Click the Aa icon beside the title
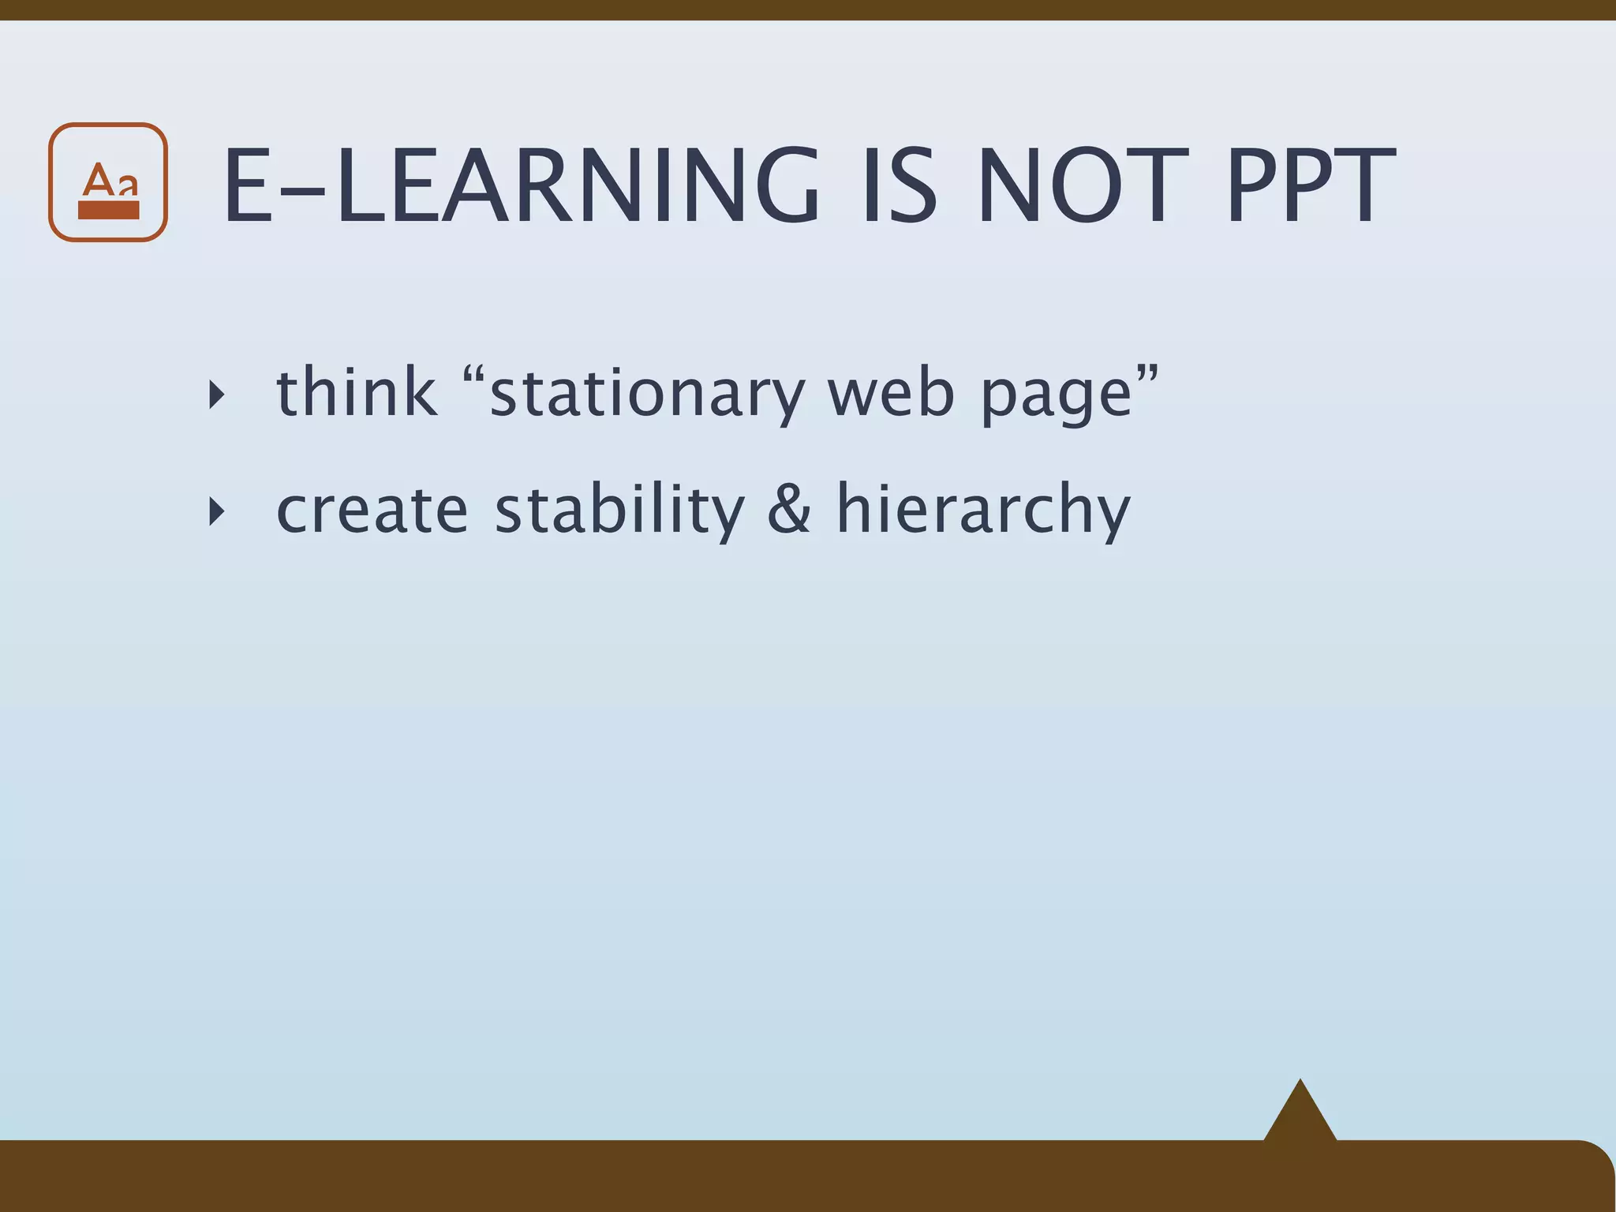[x=108, y=182]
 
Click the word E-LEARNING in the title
[x=521, y=188]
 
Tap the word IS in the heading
[x=900, y=188]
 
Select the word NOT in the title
[x=1082, y=188]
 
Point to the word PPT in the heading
[x=1311, y=188]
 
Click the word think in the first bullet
[x=357, y=392]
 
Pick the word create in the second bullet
[x=372, y=511]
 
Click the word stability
[x=619, y=511]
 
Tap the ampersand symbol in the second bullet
[x=789, y=509]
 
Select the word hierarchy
[x=983, y=511]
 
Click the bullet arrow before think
[x=216, y=395]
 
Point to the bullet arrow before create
[x=216, y=513]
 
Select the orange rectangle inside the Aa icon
[x=109, y=210]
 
